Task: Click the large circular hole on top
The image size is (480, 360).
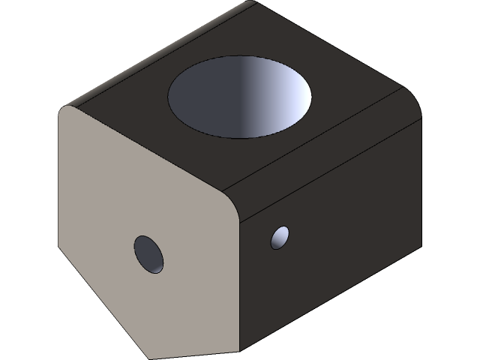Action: (x=240, y=96)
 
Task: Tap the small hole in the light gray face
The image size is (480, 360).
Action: (x=148, y=253)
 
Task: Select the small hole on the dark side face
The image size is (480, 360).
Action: (x=280, y=238)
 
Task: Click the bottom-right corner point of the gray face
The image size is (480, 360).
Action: (x=238, y=351)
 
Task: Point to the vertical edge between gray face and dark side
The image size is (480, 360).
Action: (x=238, y=285)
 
